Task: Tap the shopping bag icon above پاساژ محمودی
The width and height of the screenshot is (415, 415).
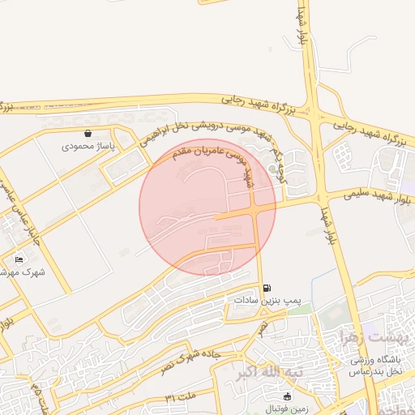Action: coord(88,134)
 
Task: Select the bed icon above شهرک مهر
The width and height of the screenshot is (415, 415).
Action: coord(19,259)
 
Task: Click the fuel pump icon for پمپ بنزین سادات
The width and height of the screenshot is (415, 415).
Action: coord(267,288)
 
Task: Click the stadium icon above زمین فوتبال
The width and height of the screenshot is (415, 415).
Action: coord(287,396)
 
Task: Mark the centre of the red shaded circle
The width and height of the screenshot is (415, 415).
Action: coord(207,207)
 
